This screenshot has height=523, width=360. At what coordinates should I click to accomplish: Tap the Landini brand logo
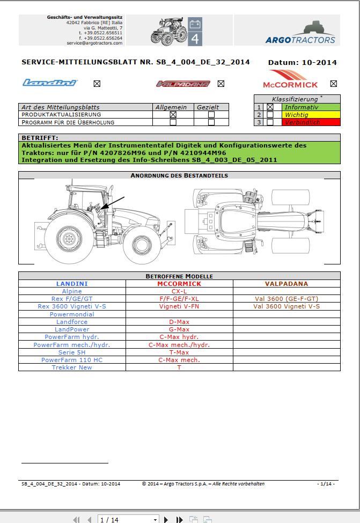(50, 83)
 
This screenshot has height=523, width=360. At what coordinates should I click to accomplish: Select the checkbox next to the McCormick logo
(334, 84)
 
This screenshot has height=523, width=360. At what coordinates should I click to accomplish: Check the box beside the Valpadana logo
(221, 84)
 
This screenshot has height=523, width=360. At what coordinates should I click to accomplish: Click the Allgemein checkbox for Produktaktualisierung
(173, 114)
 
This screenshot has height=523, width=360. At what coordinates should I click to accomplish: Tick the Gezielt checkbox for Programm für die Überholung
(211, 122)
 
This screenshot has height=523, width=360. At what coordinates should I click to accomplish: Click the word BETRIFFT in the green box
(39, 138)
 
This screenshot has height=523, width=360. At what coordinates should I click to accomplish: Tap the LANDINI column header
(72, 284)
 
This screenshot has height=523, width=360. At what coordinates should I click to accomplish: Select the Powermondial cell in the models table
(72, 314)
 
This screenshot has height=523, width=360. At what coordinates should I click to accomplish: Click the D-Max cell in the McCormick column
(179, 322)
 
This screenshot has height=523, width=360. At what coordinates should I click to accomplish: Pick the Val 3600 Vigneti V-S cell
(286, 307)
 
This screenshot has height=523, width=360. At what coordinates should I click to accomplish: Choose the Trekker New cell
(72, 367)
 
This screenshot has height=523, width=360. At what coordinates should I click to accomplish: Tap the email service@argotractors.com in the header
(94, 42)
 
